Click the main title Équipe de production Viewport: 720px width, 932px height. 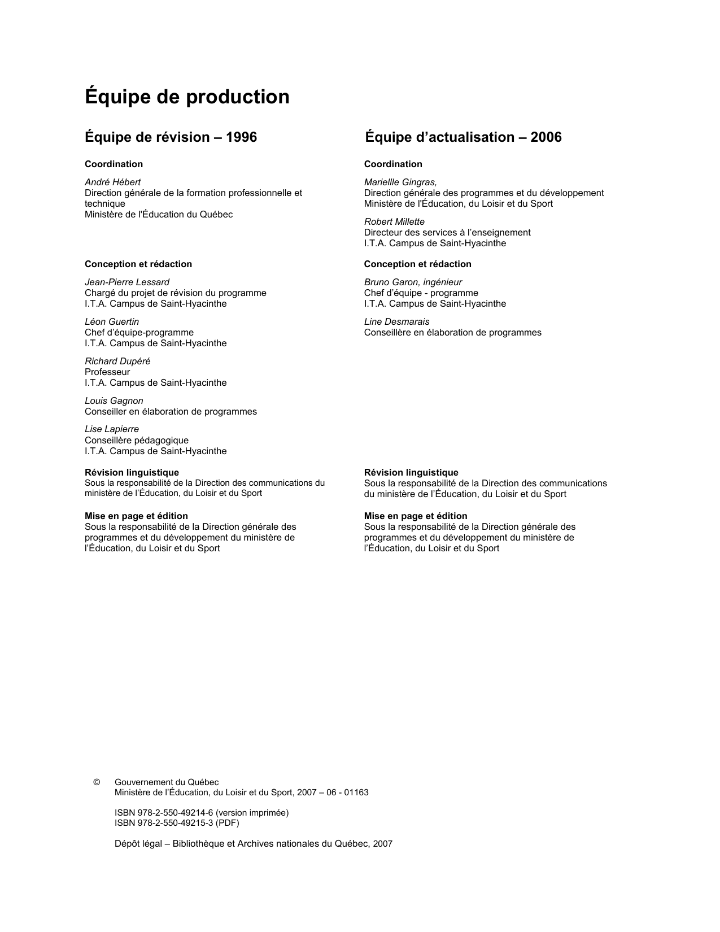coord(187,97)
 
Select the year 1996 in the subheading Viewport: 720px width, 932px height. coord(241,137)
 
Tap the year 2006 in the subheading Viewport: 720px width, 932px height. coord(546,137)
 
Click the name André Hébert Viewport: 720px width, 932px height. coord(112,182)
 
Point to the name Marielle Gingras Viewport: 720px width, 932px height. coord(400,182)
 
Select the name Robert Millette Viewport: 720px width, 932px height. coord(394,221)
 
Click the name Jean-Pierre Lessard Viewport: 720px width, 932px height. coord(127,282)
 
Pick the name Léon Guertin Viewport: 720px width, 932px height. coord(112,321)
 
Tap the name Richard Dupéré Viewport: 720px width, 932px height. coord(117,361)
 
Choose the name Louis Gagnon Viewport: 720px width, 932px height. coord(114,400)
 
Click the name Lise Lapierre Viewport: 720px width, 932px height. coord(112,429)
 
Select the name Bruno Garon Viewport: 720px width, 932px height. coord(390,282)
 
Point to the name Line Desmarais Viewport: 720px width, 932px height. coord(396,321)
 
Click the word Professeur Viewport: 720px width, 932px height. coord(107,372)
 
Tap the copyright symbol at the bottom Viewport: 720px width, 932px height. coord(97,782)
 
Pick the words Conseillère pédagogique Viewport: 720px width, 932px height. coord(137,440)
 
